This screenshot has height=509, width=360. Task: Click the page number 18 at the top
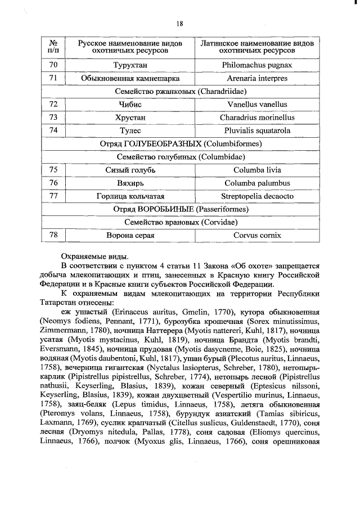click(180, 23)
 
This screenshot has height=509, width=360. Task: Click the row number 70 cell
click(53, 65)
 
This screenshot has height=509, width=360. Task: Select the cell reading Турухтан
click(130, 65)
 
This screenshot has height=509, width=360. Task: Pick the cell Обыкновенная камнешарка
click(130, 78)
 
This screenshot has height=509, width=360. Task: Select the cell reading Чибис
click(130, 105)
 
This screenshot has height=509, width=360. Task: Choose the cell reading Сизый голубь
click(130, 170)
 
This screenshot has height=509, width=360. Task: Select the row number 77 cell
click(53, 196)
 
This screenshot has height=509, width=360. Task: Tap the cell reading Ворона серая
click(130, 236)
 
